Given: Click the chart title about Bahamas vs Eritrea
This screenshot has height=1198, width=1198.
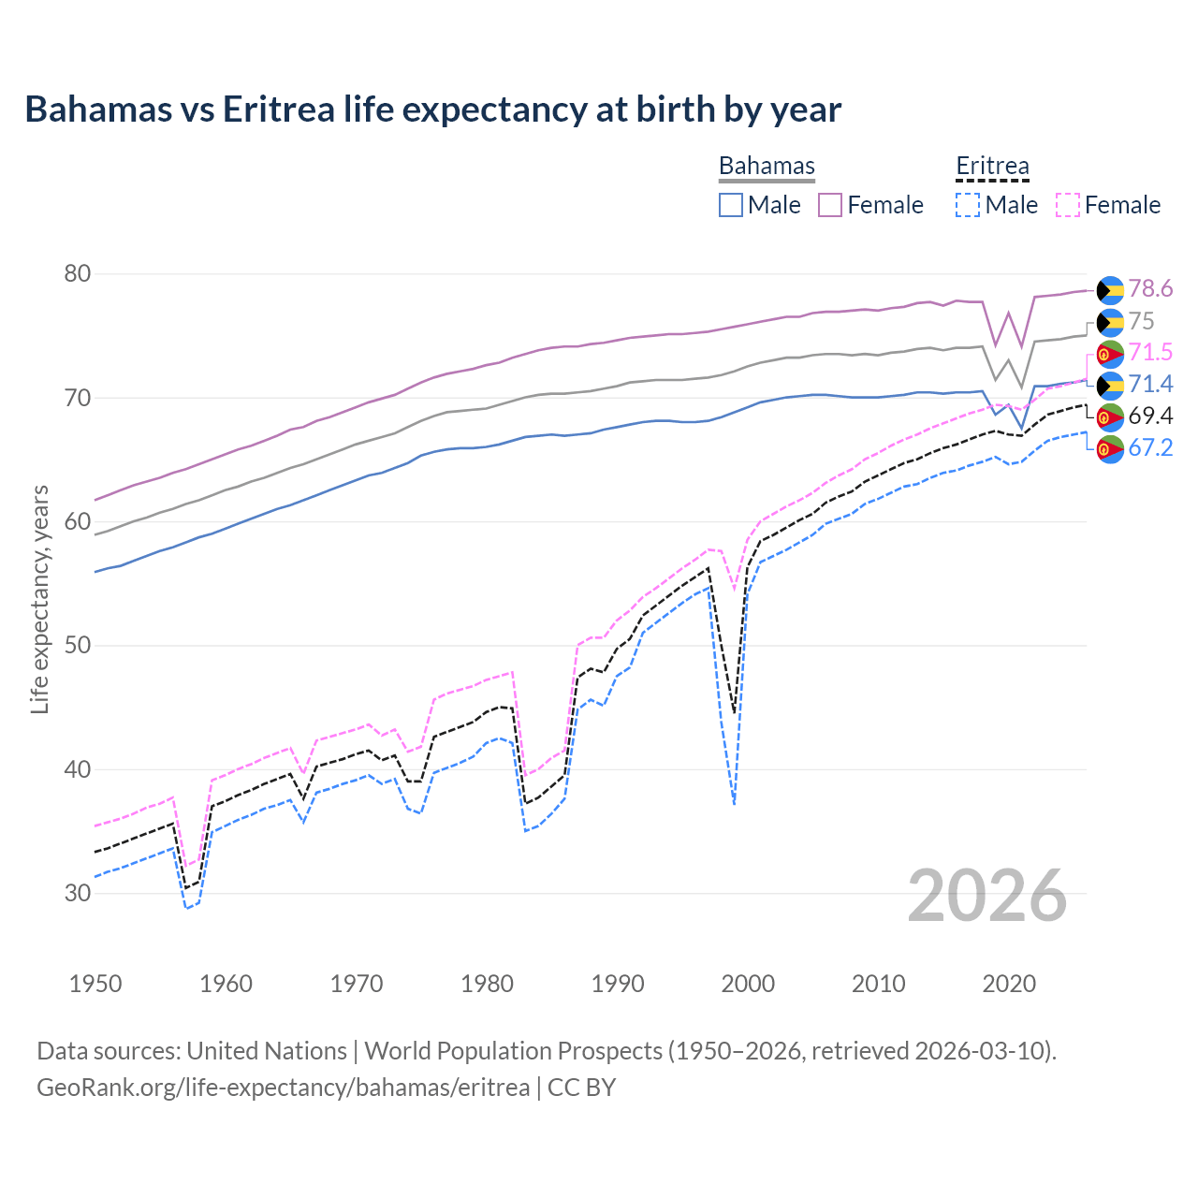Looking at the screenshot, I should click(x=432, y=110).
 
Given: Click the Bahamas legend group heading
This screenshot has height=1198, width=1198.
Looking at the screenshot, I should click(x=767, y=167).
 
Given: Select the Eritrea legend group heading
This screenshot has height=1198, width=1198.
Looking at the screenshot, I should click(x=992, y=167).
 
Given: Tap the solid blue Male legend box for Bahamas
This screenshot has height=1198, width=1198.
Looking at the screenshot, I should click(x=731, y=205).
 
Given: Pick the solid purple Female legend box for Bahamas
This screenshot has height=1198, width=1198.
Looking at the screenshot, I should click(x=830, y=205).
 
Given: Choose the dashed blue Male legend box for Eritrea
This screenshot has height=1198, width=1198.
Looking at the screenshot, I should click(x=968, y=205).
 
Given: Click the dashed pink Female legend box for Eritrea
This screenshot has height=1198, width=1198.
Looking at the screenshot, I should click(x=1068, y=205).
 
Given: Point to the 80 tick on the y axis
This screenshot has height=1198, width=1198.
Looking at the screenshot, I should click(x=78, y=274).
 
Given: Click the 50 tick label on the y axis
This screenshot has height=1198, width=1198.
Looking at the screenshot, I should click(x=78, y=646).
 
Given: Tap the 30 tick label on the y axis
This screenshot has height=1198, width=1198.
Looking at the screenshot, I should click(x=78, y=893).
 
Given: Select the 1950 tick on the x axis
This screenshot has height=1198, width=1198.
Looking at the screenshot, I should click(x=95, y=984).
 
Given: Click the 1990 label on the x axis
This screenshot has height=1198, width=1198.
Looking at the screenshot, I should click(x=618, y=984).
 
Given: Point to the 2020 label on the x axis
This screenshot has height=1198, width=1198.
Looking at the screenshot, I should click(x=1009, y=984).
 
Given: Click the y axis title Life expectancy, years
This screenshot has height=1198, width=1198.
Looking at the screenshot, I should click(x=39, y=599).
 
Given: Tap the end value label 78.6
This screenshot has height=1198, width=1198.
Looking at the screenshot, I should click(x=1150, y=289).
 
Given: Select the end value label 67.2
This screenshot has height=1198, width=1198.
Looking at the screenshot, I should click(x=1150, y=447).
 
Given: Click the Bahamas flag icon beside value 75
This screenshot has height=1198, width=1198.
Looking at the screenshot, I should click(x=1110, y=322).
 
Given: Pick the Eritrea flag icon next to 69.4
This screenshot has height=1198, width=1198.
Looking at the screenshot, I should click(x=1110, y=416).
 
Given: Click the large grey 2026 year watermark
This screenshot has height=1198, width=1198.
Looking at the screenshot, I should click(x=987, y=896).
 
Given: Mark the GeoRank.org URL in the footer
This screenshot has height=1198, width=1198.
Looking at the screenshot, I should click(x=283, y=1088).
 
